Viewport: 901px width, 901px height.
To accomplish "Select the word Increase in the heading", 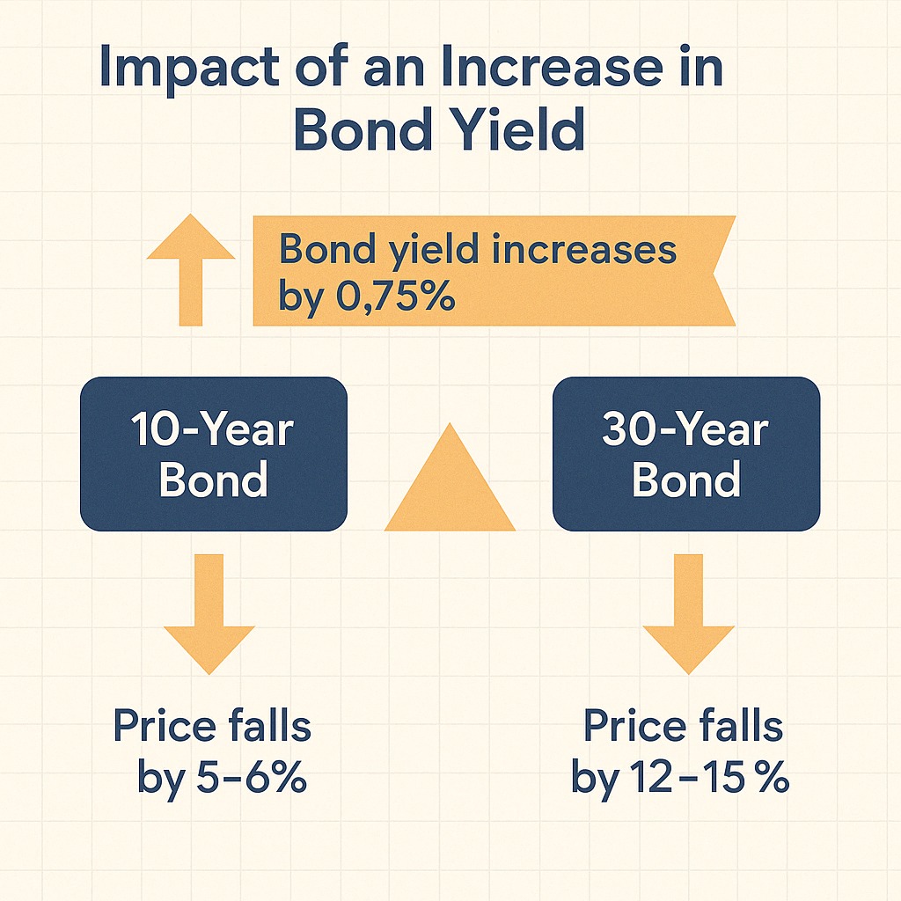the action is coord(538,68).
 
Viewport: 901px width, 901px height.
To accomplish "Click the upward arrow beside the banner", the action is coord(191,269).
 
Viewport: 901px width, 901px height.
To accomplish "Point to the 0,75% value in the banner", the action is coord(396,296).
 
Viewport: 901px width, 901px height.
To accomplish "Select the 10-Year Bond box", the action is coord(214,454).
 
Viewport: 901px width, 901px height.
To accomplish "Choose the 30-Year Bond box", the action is coord(686,454).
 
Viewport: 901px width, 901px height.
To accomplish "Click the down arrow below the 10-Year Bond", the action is coord(209,613).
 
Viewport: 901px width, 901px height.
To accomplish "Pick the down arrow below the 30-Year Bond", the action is coord(688,613).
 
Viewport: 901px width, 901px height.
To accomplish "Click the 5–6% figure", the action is coord(251,778).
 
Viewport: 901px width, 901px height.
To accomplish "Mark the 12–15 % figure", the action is coord(710,778).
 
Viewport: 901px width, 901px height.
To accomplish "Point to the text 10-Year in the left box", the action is coord(212,429).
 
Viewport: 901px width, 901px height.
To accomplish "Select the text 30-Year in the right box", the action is coord(685,429).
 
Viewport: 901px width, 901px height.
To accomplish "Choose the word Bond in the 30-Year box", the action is coord(686,479).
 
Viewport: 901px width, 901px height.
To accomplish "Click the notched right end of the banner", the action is coord(723,271).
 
